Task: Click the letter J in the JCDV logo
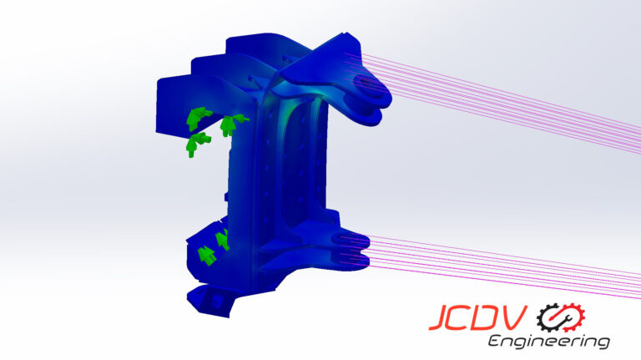coord(439,319)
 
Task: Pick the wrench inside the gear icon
coord(561,317)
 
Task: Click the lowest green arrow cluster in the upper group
coord(196,144)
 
